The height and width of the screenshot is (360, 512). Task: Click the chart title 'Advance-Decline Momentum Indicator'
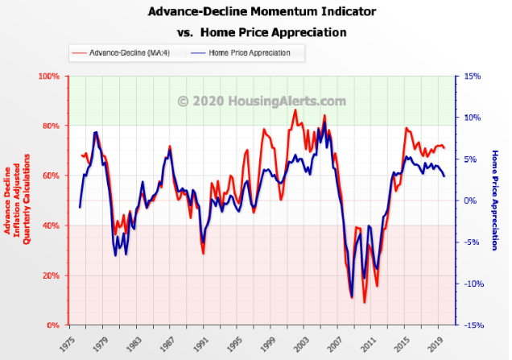pyautogui.click(x=262, y=12)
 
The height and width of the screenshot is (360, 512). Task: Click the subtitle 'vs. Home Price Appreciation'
pyautogui.click(x=262, y=33)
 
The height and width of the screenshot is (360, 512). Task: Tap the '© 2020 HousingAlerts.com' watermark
pyautogui.click(x=262, y=101)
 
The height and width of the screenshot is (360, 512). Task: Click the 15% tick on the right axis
pyautogui.click(x=473, y=77)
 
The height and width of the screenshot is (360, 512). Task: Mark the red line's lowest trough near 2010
pyautogui.click(x=364, y=303)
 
